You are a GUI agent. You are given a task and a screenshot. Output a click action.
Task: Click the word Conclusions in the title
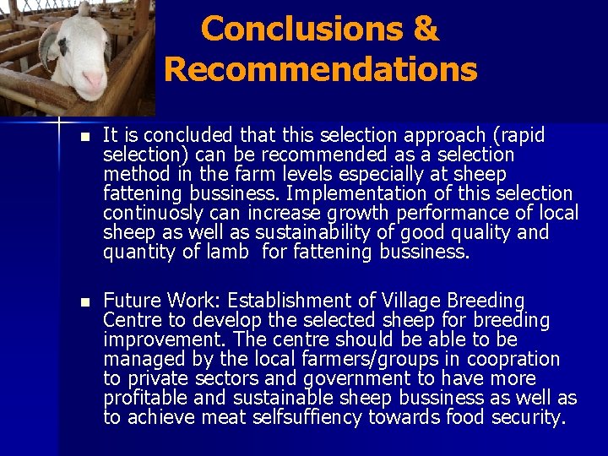[x=290, y=30]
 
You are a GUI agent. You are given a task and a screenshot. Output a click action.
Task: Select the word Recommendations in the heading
[x=321, y=69]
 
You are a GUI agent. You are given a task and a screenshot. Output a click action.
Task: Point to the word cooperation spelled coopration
[x=515, y=359]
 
